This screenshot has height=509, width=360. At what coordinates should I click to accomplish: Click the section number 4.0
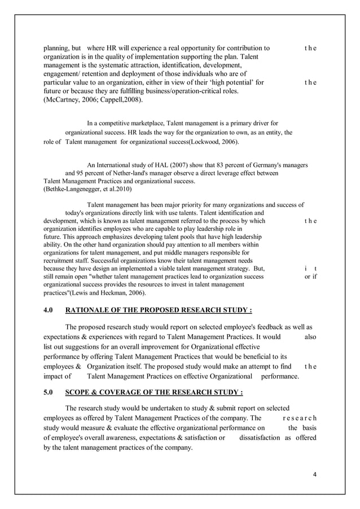point(50,310)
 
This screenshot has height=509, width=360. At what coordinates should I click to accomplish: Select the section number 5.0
point(50,393)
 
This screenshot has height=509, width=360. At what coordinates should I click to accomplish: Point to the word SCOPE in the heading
point(78,393)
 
